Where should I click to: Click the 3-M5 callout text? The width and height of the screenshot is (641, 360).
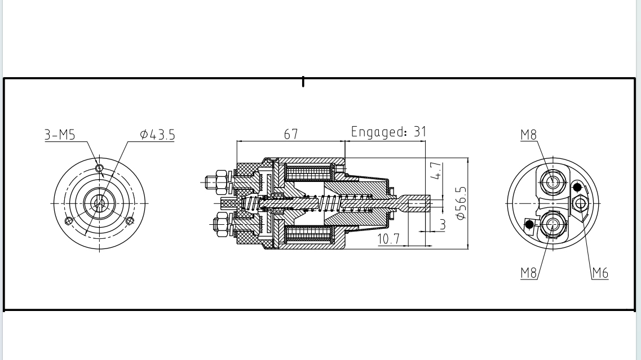click(59, 135)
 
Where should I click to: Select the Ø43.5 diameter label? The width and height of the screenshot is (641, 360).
click(158, 135)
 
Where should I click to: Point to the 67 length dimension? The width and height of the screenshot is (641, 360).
click(291, 134)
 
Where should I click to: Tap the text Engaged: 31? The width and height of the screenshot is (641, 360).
click(388, 132)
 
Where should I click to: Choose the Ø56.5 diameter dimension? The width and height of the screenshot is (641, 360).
click(461, 202)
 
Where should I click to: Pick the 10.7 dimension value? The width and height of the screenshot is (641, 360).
click(388, 239)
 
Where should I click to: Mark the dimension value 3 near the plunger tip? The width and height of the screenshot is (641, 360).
click(443, 224)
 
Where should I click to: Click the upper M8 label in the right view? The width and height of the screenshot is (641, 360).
click(528, 134)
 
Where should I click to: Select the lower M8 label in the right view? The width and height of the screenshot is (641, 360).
click(528, 273)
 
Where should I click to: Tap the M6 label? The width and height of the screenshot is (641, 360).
click(600, 273)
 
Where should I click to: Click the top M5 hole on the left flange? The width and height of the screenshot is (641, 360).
click(99, 168)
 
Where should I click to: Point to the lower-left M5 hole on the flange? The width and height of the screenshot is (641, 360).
click(69, 220)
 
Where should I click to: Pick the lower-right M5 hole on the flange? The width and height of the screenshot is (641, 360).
click(130, 220)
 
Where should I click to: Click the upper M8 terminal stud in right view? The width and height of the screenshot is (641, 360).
click(553, 181)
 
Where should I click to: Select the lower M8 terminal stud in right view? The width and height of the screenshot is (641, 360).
click(553, 224)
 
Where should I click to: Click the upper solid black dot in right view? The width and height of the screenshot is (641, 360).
click(577, 187)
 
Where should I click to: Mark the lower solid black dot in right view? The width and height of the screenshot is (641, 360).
click(529, 224)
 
